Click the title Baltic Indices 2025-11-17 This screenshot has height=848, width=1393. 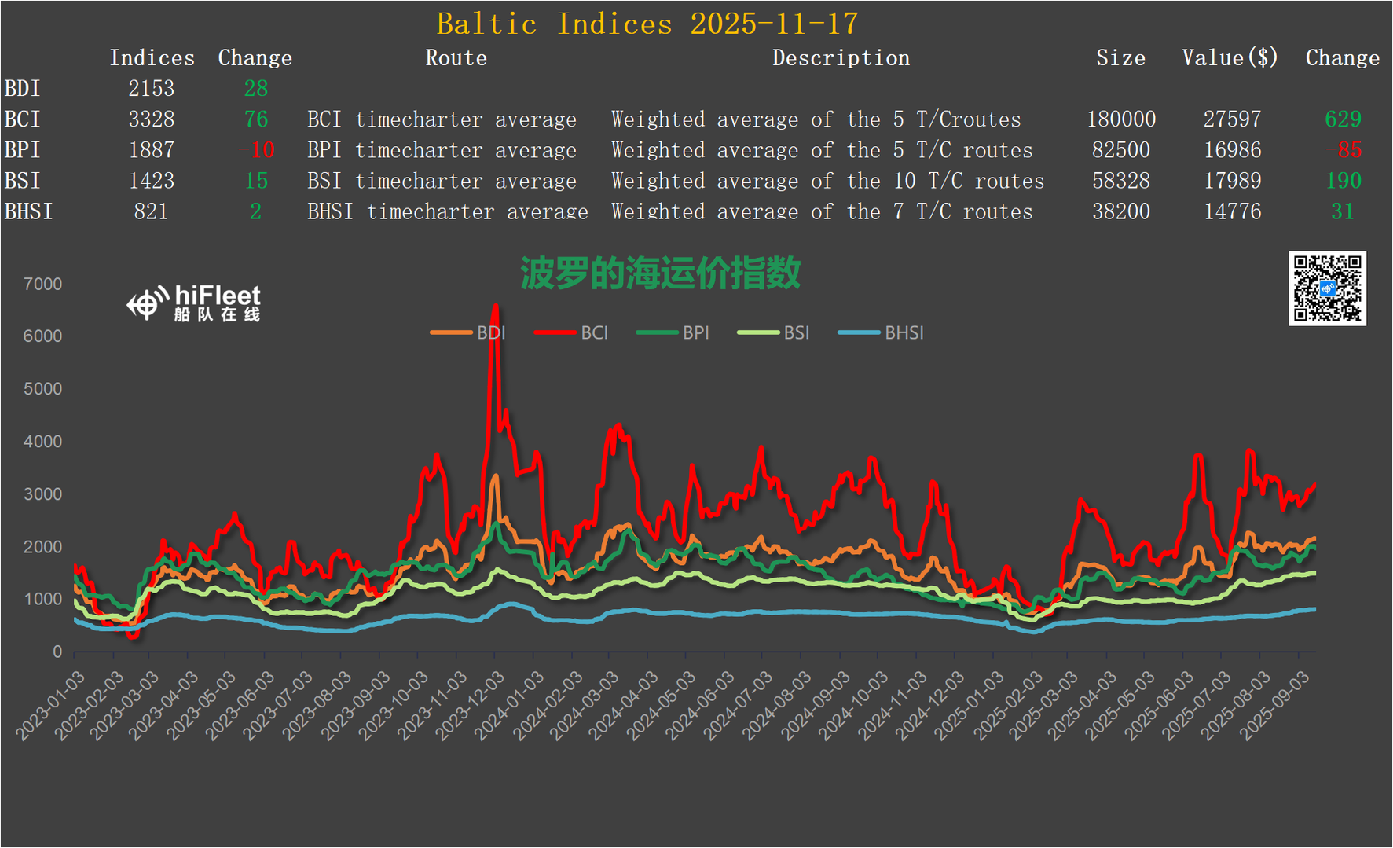tap(647, 24)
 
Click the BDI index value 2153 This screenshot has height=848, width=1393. tap(151, 88)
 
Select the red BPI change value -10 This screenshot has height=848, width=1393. tap(256, 149)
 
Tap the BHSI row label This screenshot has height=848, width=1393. tap(28, 211)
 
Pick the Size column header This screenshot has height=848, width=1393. tap(1120, 57)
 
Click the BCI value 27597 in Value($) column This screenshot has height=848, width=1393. tap(1232, 119)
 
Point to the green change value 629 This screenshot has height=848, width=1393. tap(1342, 119)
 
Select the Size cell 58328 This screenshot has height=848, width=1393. tap(1120, 181)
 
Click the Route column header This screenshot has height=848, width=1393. tap(456, 57)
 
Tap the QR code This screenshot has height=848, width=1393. tap(1327, 288)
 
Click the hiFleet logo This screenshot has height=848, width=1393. tap(193, 303)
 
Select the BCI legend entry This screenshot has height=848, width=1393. tap(571, 332)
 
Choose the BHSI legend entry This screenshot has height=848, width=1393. tap(881, 332)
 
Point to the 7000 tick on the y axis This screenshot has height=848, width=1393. tap(43, 284)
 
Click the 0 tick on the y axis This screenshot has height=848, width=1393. tap(57, 651)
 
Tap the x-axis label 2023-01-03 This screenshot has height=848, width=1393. tap(51, 705)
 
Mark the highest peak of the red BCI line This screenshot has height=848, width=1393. tap(495, 305)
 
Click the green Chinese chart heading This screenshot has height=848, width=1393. tap(660, 273)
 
